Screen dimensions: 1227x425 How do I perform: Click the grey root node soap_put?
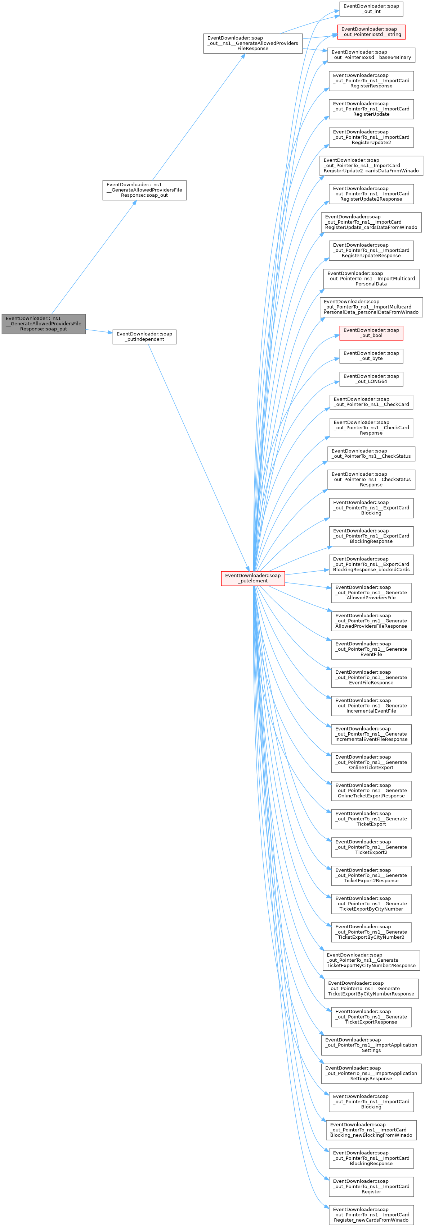click(44, 324)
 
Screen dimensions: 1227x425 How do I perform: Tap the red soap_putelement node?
click(253, 578)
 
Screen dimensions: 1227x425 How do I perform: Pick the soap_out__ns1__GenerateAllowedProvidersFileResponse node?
click(252, 44)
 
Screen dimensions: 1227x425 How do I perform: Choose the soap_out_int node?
click(371, 9)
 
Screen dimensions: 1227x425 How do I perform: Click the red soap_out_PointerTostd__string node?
click(371, 32)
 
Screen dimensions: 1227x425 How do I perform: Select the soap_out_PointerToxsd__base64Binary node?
click(371, 55)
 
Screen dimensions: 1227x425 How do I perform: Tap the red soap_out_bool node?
click(371, 333)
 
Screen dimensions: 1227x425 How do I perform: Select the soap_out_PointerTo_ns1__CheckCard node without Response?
click(371, 402)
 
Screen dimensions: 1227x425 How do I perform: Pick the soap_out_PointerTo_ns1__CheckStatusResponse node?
click(371, 479)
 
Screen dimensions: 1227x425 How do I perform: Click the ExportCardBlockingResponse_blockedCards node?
click(371, 564)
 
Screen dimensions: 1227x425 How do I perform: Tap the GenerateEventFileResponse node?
click(371, 677)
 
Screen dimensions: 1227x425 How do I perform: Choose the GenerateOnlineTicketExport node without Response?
click(371, 762)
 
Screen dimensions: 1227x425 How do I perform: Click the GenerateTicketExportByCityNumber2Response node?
click(371, 960)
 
